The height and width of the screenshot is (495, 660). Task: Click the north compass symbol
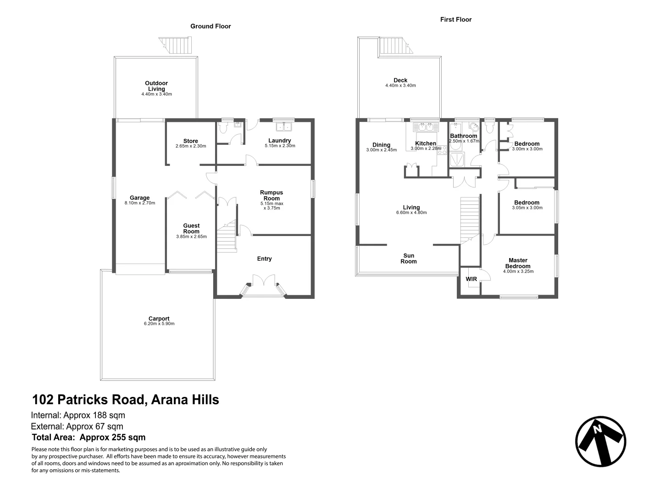tap(600, 442)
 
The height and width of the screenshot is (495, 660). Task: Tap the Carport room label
tap(159, 319)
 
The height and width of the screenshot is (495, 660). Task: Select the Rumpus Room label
tap(272, 195)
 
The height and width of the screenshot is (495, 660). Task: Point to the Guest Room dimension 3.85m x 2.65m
tap(191, 237)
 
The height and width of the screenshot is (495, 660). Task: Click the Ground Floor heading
tap(211, 26)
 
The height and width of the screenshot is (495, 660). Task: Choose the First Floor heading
tap(455, 19)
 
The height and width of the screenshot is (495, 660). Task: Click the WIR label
tap(471, 279)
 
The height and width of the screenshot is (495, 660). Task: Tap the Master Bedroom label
tap(518, 263)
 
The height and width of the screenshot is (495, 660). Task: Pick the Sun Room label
tap(409, 258)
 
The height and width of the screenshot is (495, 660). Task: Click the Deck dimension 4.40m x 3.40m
tap(400, 86)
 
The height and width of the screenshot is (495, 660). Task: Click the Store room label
tap(190, 141)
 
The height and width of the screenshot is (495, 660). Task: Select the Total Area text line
tap(89, 437)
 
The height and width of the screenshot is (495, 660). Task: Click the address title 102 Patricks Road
tap(125, 400)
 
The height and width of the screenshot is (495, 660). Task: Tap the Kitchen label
tap(425, 143)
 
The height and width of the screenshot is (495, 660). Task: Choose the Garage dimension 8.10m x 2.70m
tap(139, 203)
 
